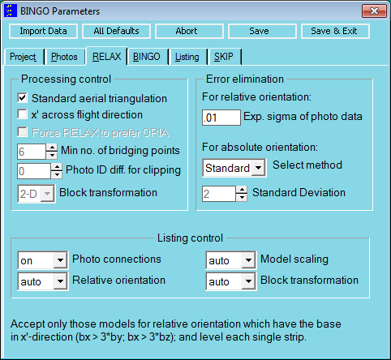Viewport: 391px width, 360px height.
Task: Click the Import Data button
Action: point(43,31)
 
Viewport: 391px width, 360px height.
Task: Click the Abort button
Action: point(189,31)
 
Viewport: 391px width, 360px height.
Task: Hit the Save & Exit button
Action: point(335,31)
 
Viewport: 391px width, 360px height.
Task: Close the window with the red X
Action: point(374,11)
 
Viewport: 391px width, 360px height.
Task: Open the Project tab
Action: point(24,57)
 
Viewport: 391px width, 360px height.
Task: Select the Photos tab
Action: point(64,57)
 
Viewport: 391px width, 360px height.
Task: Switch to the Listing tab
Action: point(187,57)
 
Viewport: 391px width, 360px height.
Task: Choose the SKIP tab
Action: point(224,57)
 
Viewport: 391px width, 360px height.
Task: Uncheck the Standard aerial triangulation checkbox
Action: point(23,98)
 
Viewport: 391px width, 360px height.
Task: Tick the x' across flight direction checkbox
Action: point(23,114)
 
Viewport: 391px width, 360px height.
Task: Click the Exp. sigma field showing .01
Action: point(221,118)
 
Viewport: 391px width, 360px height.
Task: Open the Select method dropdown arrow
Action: point(259,168)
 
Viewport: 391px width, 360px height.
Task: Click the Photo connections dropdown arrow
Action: point(60,260)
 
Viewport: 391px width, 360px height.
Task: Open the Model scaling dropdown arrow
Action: point(248,260)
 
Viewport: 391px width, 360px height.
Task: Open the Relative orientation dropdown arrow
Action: point(60,281)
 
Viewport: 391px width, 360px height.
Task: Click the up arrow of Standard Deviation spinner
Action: point(242,190)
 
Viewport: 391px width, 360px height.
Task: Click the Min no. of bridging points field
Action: point(32,152)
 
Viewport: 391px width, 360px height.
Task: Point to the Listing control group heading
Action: point(190,238)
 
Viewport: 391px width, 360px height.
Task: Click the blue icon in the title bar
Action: point(11,11)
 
